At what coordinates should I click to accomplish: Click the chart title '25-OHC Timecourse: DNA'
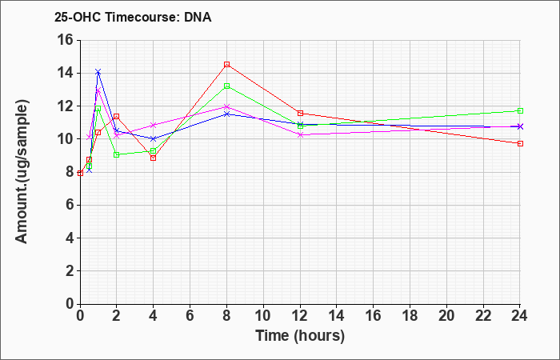click(x=133, y=17)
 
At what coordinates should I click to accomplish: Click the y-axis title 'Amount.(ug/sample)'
click(x=22, y=172)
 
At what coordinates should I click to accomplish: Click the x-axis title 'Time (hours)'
click(x=300, y=336)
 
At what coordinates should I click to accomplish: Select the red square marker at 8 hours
click(x=226, y=65)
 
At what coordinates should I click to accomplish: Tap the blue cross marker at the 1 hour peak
click(x=98, y=72)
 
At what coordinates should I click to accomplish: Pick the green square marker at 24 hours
click(x=520, y=110)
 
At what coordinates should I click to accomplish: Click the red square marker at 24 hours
click(x=520, y=143)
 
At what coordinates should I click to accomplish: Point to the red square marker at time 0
click(x=80, y=174)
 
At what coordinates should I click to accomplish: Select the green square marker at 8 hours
click(x=226, y=86)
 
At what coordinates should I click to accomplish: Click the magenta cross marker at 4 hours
click(x=154, y=125)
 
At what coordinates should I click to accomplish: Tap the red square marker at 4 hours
click(x=154, y=158)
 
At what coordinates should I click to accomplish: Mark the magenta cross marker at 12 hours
click(x=300, y=134)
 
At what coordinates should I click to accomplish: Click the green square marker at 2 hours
click(x=117, y=154)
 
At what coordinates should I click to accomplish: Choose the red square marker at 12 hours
click(x=300, y=114)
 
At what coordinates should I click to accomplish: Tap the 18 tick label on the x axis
click(x=410, y=316)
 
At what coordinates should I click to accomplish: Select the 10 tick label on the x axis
click(x=263, y=316)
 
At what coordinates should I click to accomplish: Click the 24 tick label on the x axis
click(x=520, y=316)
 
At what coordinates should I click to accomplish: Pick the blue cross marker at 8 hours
click(x=226, y=114)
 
